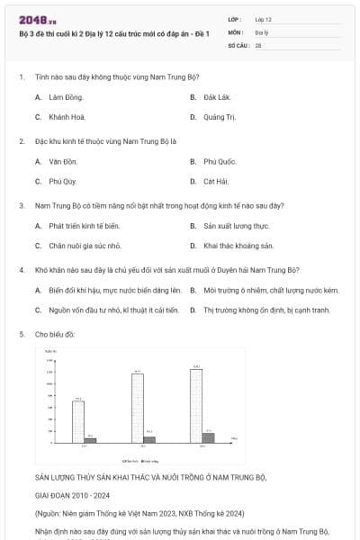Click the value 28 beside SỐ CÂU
point(258,44)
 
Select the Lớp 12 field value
point(264,19)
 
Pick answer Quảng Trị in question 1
point(220,117)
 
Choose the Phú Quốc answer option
point(220,161)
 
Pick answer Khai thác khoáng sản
point(238,246)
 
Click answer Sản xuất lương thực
point(236,226)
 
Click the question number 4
point(21,269)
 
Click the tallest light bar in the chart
point(195,405)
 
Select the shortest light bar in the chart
point(78,420)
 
